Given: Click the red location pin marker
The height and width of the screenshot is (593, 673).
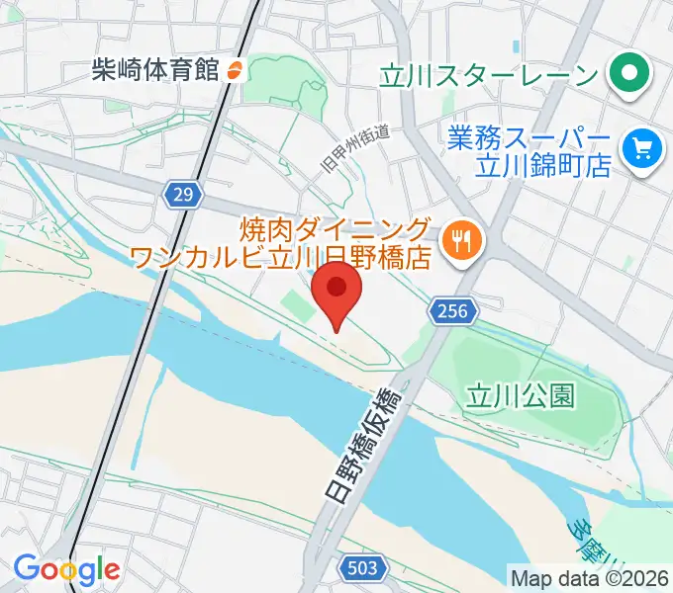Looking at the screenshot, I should tap(336, 294).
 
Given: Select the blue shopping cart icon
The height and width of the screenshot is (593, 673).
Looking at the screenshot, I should tap(641, 148).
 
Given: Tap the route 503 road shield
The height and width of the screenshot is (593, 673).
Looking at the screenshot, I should tap(362, 566).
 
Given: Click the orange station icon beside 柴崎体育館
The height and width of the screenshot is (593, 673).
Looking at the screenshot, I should tap(236, 69).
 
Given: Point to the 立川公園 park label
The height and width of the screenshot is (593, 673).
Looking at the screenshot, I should tap(521, 395).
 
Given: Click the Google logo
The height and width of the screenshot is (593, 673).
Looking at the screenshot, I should tap(65, 569).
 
